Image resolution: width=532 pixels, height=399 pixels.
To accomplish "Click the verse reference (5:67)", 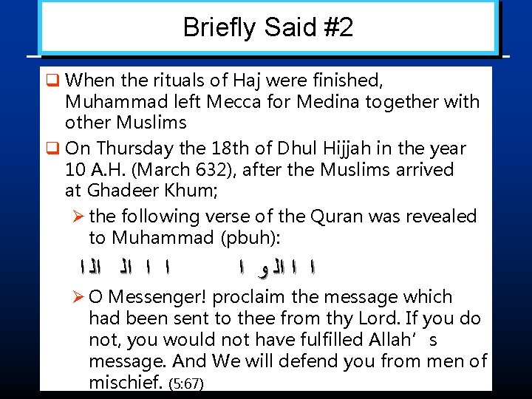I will point(186,384).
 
